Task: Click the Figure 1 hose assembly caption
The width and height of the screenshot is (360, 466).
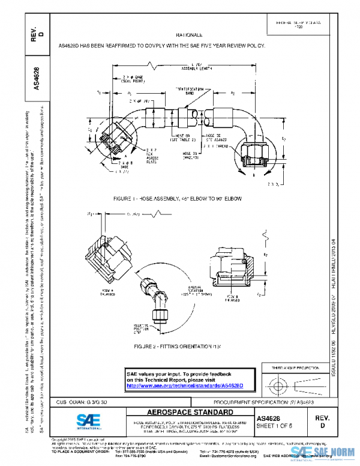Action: [x=181, y=198]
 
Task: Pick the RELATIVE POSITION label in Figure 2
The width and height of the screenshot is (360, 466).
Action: [x=142, y=328]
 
